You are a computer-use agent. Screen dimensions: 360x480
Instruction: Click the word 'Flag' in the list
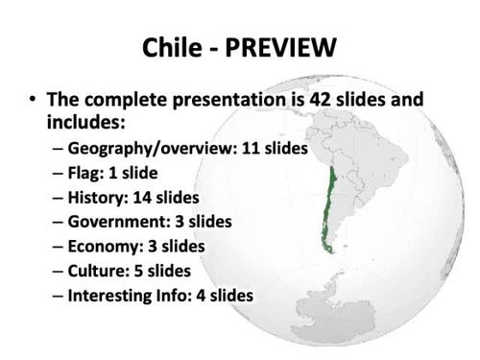point(85,174)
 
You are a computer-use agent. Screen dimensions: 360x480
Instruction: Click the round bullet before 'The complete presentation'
point(34,101)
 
